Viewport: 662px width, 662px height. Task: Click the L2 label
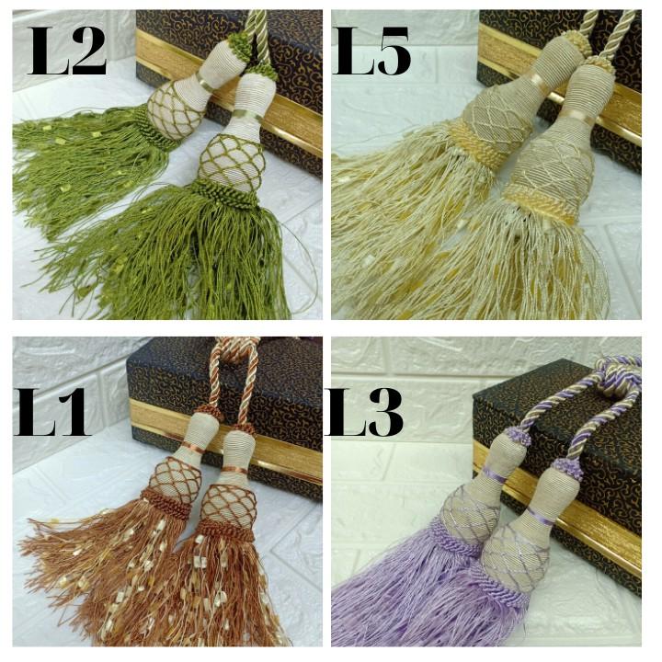(x=67, y=51)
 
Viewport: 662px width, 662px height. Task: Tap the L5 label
(x=372, y=51)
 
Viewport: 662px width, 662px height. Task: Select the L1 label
(x=51, y=412)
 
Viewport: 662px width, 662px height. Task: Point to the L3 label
(x=364, y=412)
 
